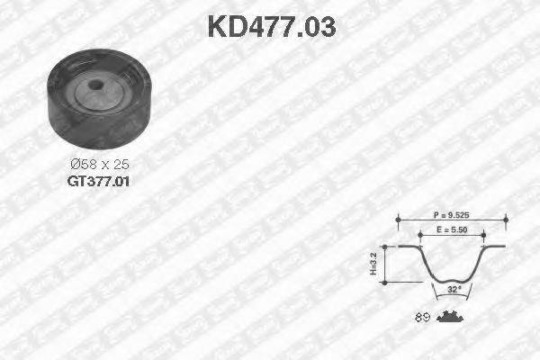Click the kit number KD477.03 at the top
pyautogui.click(x=271, y=26)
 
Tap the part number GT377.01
pyautogui.click(x=98, y=180)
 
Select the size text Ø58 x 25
pyautogui.click(x=99, y=165)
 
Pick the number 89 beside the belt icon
pyautogui.click(x=421, y=316)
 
